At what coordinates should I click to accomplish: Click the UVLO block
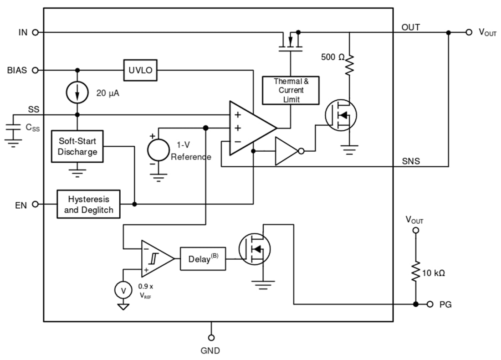(x=140, y=70)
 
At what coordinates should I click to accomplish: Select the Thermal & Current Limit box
(x=291, y=90)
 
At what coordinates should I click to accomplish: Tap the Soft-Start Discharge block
(x=77, y=146)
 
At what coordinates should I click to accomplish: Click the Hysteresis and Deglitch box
(x=88, y=205)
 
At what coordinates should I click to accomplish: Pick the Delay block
(x=203, y=259)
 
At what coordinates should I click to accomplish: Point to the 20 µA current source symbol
(x=77, y=93)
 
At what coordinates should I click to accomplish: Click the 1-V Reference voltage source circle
(x=158, y=149)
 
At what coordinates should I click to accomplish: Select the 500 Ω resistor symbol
(x=349, y=64)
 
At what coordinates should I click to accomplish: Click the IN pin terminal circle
(x=36, y=32)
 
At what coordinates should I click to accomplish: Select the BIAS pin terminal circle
(x=36, y=70)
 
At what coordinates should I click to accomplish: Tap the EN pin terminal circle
(x=36, y=205)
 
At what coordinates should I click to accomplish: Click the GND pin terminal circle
(x=211, y=338)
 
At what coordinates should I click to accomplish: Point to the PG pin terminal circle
(x=429, y=304)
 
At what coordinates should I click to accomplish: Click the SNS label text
(x=411, y=161)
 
